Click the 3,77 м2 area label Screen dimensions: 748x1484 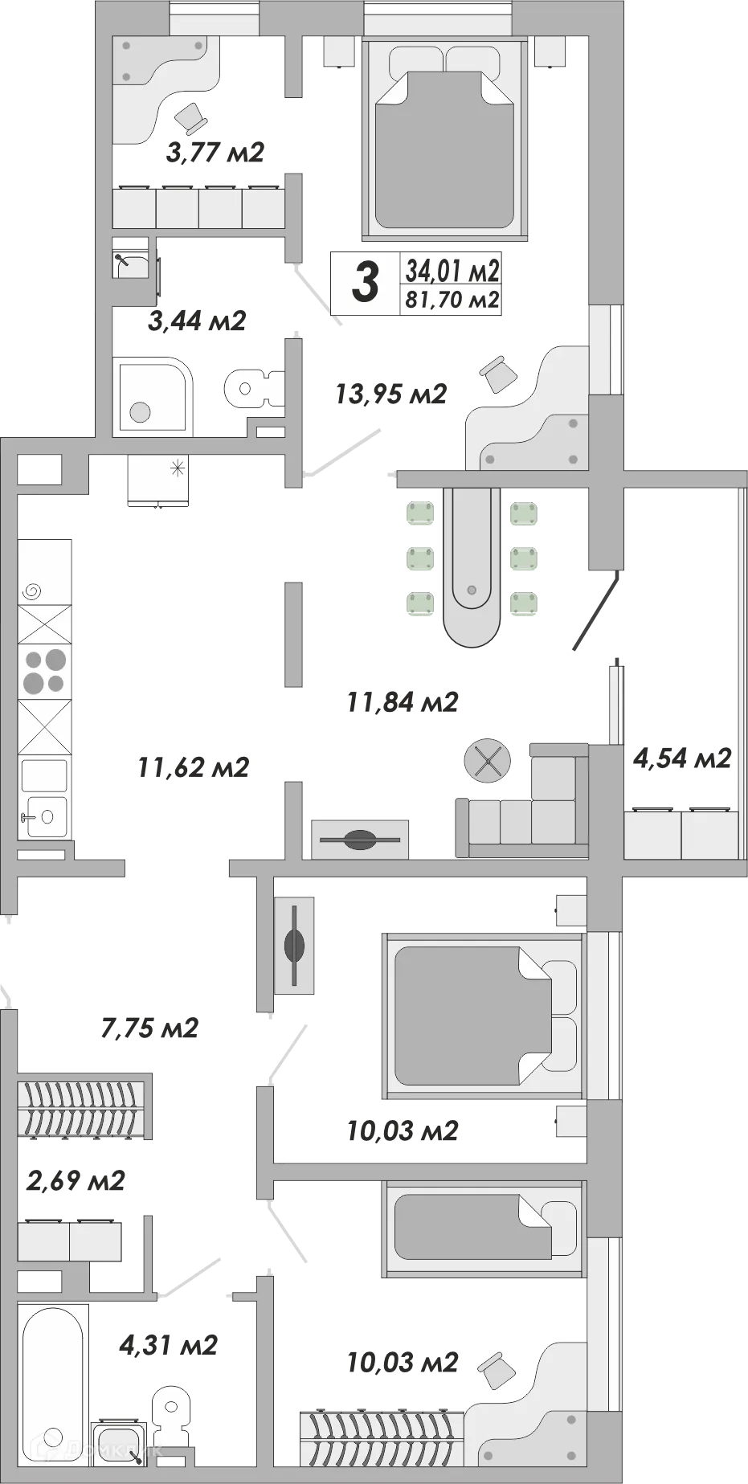(215, 152)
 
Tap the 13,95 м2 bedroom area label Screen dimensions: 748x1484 (390, 394)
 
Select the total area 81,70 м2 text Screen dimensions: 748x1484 (452, 300)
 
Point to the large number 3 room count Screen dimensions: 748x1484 (366, 283)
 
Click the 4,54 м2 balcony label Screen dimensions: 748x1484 (682, 758)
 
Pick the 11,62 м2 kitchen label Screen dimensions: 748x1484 (193, 767)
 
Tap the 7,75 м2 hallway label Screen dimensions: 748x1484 (149, 1028)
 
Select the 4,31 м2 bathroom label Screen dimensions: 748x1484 (168, 1344)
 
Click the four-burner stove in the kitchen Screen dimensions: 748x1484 (44, 672)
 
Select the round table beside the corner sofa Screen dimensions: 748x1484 (488, 759)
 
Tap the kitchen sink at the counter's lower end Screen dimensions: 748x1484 (44, 817)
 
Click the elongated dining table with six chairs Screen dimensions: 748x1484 (472, 566)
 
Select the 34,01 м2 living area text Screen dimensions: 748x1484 (452, 270)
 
